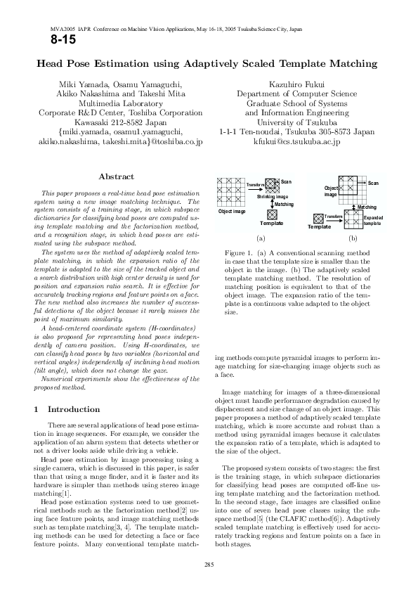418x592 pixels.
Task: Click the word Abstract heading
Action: [117, 176]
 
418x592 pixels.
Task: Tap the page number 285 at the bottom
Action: [209, 565]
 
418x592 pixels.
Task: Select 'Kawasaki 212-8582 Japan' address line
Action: [121, 122]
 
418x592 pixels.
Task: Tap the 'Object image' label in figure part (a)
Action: [232, 211]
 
